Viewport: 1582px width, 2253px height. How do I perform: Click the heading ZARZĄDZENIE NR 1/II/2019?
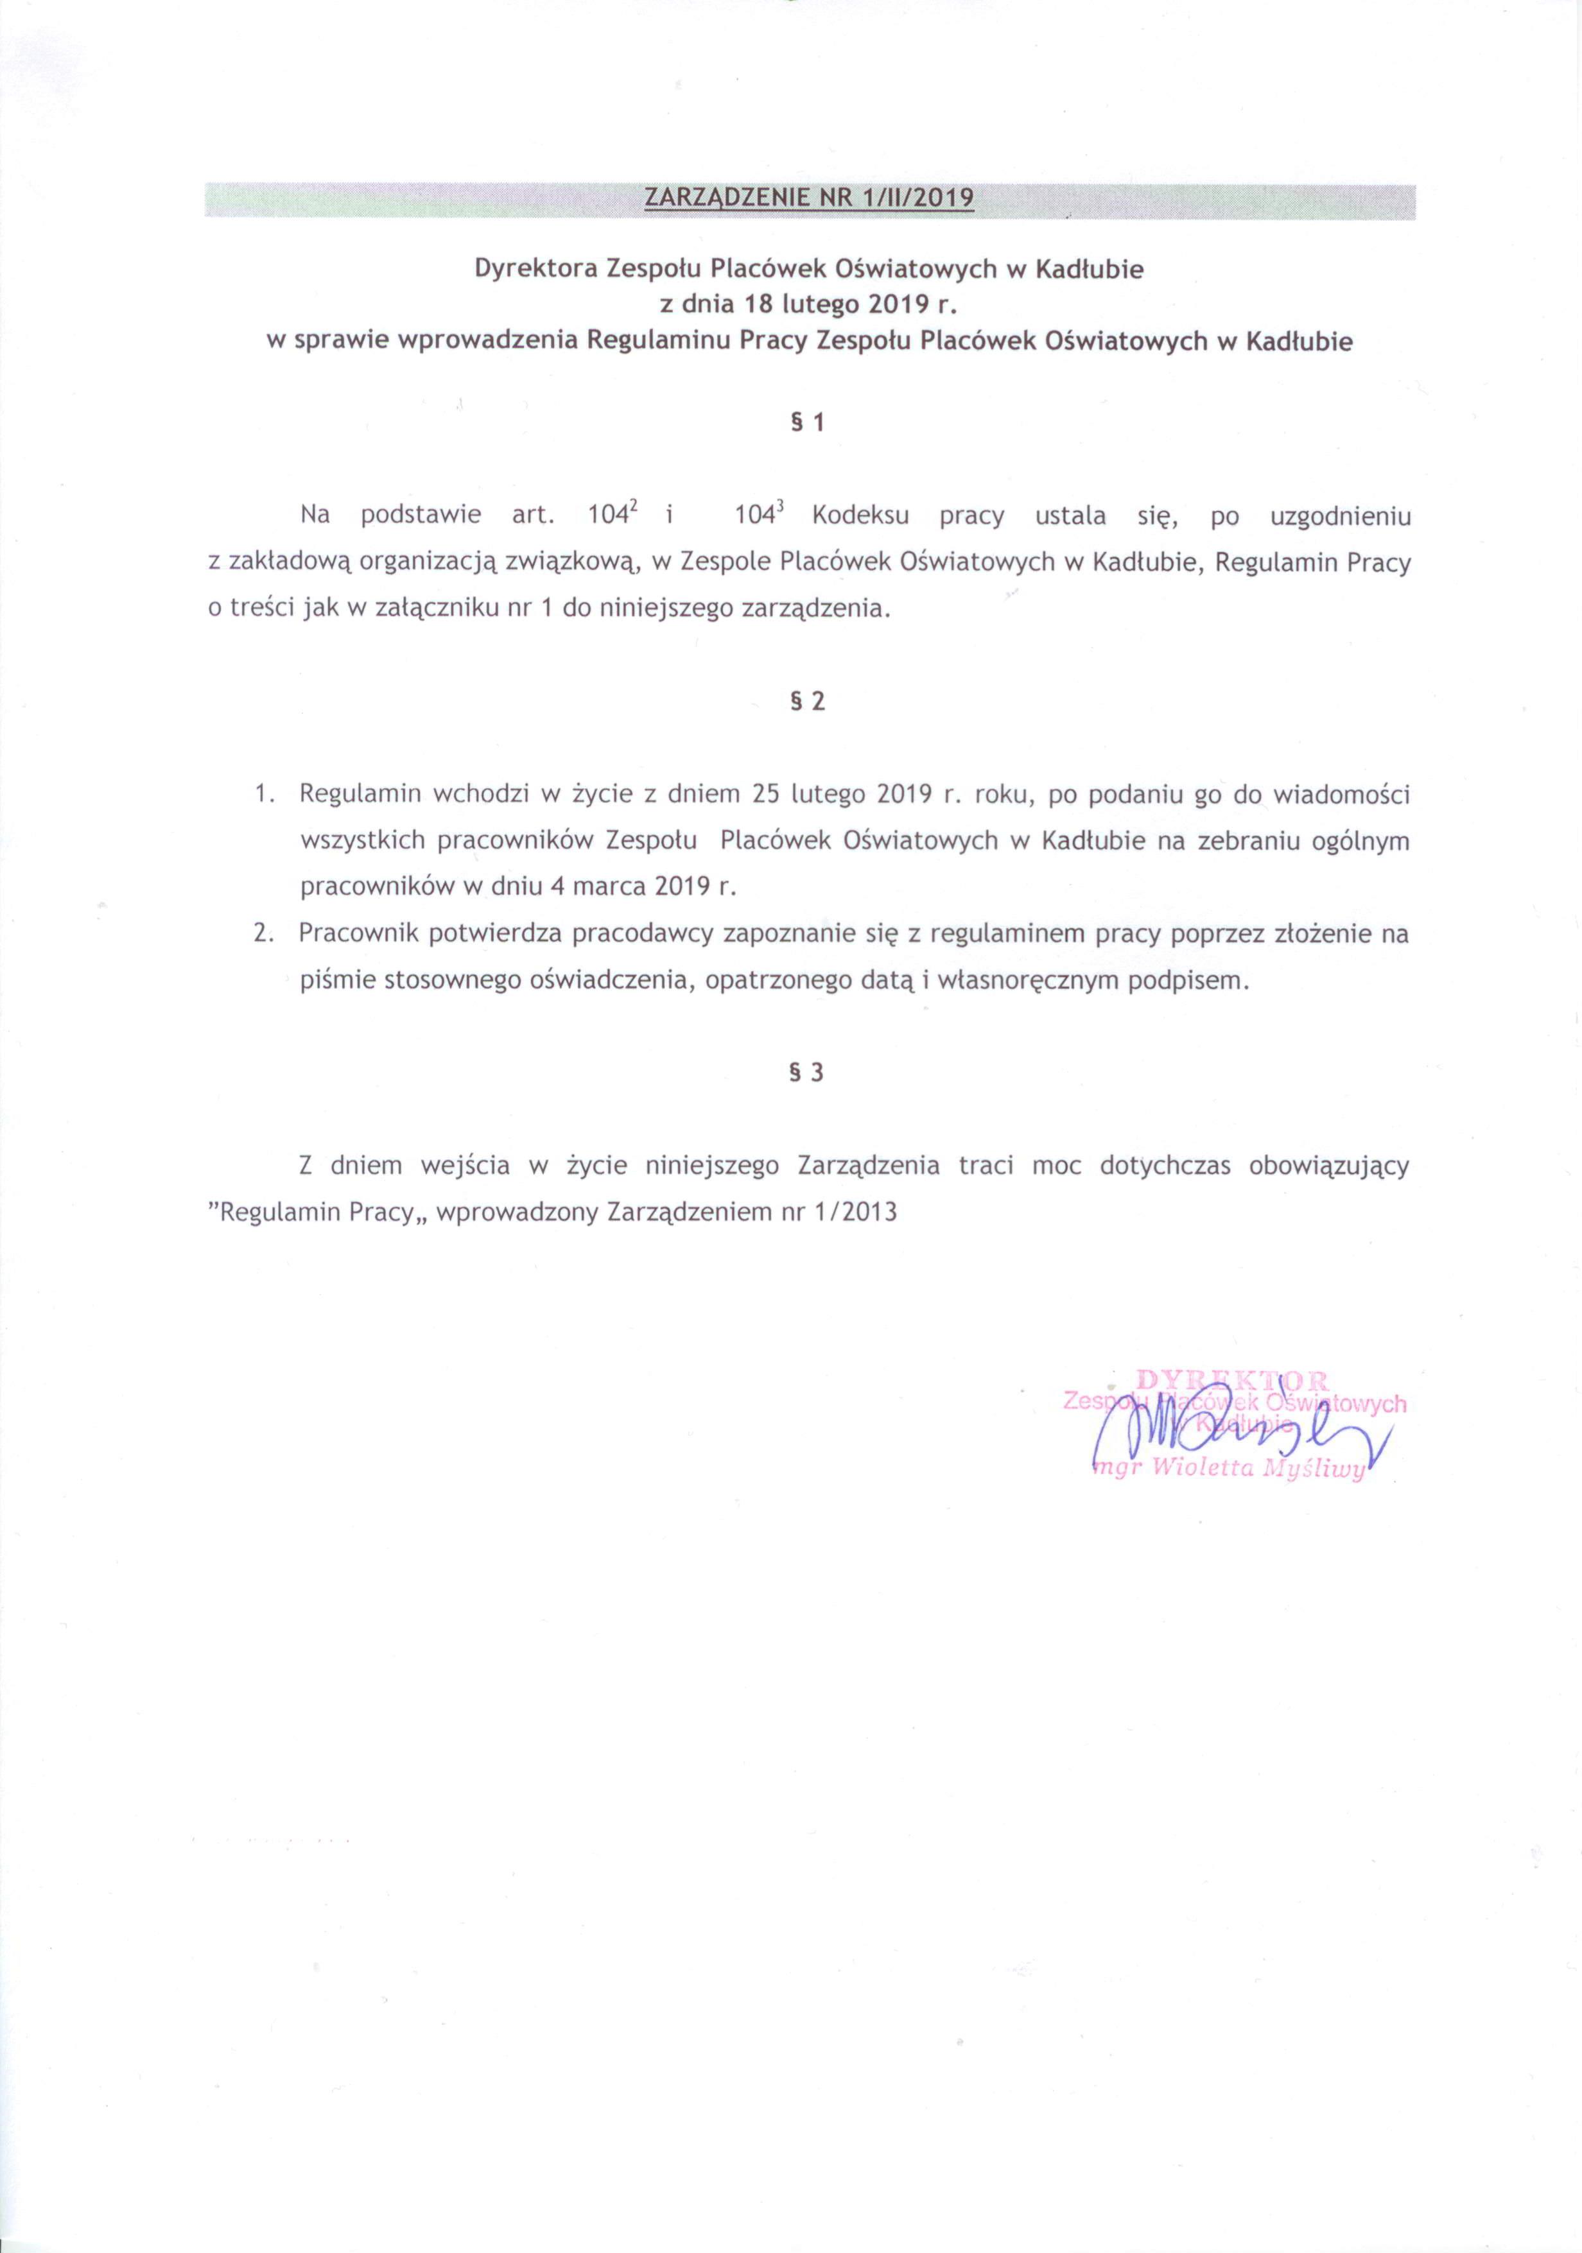(809, 199)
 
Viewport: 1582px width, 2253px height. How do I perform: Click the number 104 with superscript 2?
(614, 516)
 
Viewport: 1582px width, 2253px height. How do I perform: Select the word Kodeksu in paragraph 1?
(861, 516)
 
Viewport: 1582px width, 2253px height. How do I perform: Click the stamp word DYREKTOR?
(1233, 1381)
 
